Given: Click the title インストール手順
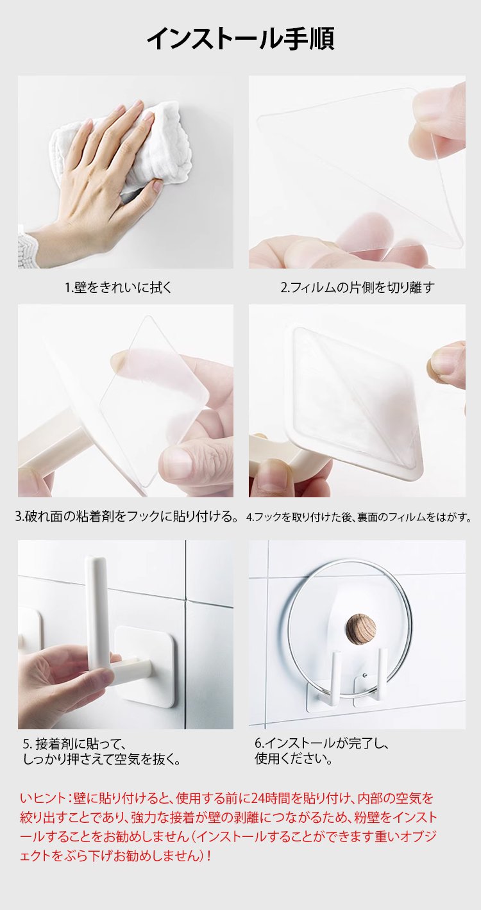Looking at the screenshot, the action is [240, 39].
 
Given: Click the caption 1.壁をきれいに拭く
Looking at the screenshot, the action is [119, 288].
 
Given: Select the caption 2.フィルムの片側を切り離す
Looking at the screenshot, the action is [357, 288].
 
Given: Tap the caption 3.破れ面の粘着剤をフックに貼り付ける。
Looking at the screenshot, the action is [126, 517].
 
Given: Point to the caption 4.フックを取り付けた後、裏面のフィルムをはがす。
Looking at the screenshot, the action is [359, 517].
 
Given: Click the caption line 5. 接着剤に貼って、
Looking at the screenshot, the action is [73, 744].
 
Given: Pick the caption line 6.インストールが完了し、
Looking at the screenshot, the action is [322, 743].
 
